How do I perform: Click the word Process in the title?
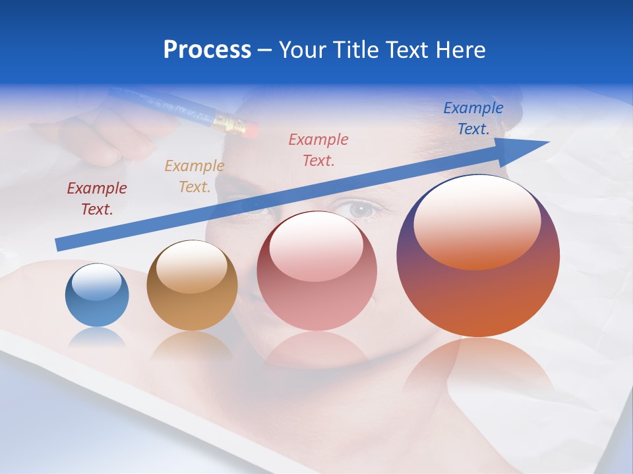tap(207, 50)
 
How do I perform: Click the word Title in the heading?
tap(353, 50)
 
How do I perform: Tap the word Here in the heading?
tap(461, 50)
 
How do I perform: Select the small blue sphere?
tap(97, 296)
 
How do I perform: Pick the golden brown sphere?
tap(192, 286)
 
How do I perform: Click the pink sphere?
tap(316, 271)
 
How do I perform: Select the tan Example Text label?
tap(195, 176)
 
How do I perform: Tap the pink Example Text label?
tap(318, 149)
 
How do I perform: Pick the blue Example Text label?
tap(473, 118)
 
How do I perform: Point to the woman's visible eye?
tap(361, 209)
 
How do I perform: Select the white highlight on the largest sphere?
tap(477, 222)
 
